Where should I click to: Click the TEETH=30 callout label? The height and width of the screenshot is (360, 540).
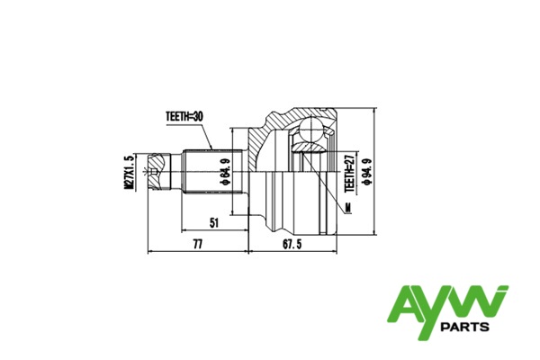click(184, 116)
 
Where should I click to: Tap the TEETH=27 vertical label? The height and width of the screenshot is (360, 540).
click(349, 173)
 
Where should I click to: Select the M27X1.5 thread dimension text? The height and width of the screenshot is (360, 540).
click(129, 172)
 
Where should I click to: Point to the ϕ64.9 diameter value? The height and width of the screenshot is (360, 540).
click(226, 172)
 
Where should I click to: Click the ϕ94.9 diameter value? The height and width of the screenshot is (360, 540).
click(367, 172)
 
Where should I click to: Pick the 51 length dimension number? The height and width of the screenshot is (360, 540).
click(214, 223)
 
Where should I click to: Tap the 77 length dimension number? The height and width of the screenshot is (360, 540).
click(198, 244)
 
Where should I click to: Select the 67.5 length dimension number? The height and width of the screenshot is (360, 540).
click(292, 244)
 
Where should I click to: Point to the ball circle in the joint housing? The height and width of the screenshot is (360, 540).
click(311, 130)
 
